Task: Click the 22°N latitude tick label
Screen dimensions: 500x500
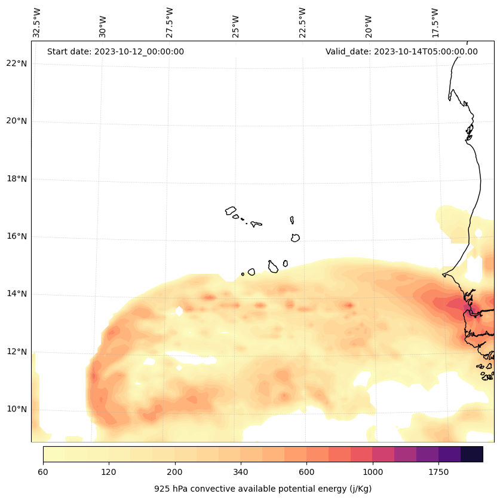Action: click(x=17, y=63)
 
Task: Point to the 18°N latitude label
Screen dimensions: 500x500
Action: click(x=17, y=179)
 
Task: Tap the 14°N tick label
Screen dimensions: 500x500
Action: click(x=17, y=294)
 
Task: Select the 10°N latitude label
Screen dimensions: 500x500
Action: click(x=17, y=409)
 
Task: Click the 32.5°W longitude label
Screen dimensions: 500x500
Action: click(x=37, y=23)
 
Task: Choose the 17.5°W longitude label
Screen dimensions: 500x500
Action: click(x=435, y=23)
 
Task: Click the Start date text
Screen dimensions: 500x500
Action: click(x=115, y=51)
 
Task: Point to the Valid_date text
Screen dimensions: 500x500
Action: click(x=401, y=51)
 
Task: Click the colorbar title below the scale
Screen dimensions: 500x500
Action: click(x=263, y=489)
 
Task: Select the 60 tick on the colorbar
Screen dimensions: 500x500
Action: click(x=43, y=472)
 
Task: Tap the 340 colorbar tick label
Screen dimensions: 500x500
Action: click(x=241, y=472)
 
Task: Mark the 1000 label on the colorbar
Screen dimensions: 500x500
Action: click(x=373, y=472)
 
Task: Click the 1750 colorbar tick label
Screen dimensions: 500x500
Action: click(x=438, y=472)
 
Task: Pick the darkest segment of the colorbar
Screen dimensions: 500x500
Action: click(x=471, y=454)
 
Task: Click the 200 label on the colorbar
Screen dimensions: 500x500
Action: click(x=174, y=472)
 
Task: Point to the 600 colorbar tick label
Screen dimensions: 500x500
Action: click(x=306, y=472)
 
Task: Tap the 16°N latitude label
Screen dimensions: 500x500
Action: click(x=17, y=236)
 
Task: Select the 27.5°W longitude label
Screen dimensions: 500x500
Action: click(x=170, y=23)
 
